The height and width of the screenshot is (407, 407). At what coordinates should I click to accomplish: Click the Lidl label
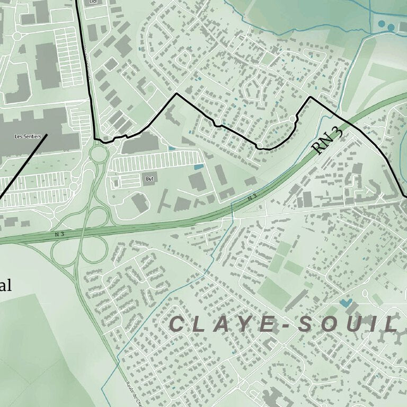94,2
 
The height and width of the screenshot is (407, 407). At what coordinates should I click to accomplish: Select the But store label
149,179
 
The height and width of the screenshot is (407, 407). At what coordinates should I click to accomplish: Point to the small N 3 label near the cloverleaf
59,233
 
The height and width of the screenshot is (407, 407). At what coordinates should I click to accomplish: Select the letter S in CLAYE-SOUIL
305,324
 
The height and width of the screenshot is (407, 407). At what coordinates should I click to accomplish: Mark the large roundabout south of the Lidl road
99,155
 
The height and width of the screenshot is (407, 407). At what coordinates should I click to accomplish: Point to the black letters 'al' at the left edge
5,286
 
